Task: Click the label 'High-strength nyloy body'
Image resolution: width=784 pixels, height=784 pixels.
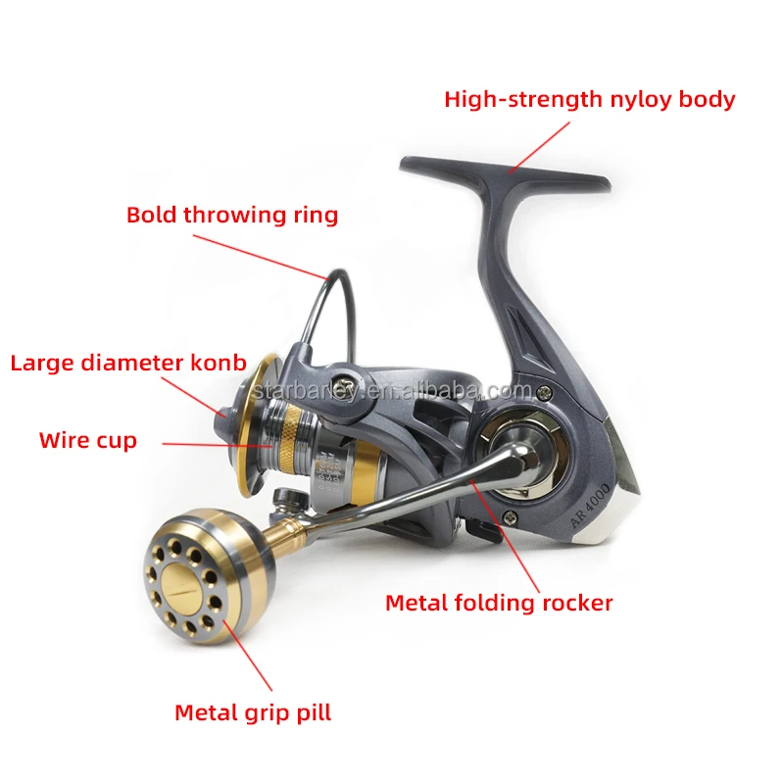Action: click(589, 99)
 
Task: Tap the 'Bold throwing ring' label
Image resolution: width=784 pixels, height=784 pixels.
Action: click(232, 215)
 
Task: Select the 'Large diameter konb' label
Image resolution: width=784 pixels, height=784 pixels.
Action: click(128, 363)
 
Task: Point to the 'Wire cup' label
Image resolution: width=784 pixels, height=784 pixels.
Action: click(88, 440)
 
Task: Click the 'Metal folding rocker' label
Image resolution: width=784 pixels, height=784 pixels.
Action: click(499, 602)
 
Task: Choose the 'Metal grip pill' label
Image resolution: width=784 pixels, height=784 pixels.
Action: click(253, 712)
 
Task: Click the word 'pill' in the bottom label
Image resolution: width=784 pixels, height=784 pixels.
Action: click(313, 712)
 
